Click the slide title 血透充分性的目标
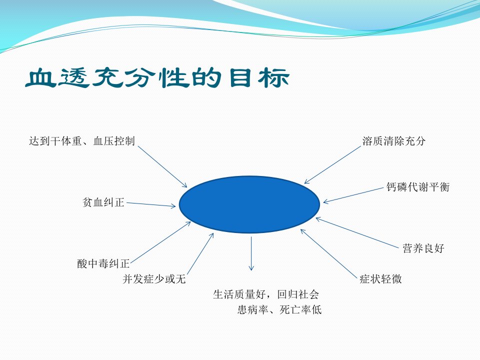click(x=157, y=77)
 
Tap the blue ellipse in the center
click(x=249, y=204)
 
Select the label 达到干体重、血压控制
click(x=82, y=141)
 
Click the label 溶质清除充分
click(x=394, y=141)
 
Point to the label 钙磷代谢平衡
click(x=418, y=187)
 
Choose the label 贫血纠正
click(x=103, y=202)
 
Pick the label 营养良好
click(x=423, y=248)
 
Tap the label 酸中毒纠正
click(x=103, y=263)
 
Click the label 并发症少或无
click(x=154, y=279)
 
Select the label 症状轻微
click(x=380, y=279)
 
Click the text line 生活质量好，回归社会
click(x=266, y=294)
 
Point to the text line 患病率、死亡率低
click(x=279, y=310)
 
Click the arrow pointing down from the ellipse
click(x=251, y=253)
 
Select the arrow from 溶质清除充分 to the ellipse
click(x=333, y=165)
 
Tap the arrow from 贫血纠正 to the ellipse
click(x=151, y=204)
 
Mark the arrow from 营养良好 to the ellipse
click(x=357, y=232)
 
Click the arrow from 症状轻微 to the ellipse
click(x=329, y=253)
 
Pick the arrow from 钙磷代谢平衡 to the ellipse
click(x=353, y=195)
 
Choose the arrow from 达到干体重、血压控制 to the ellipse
click(x=162, y=166)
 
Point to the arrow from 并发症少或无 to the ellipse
click(x=200, y=254)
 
